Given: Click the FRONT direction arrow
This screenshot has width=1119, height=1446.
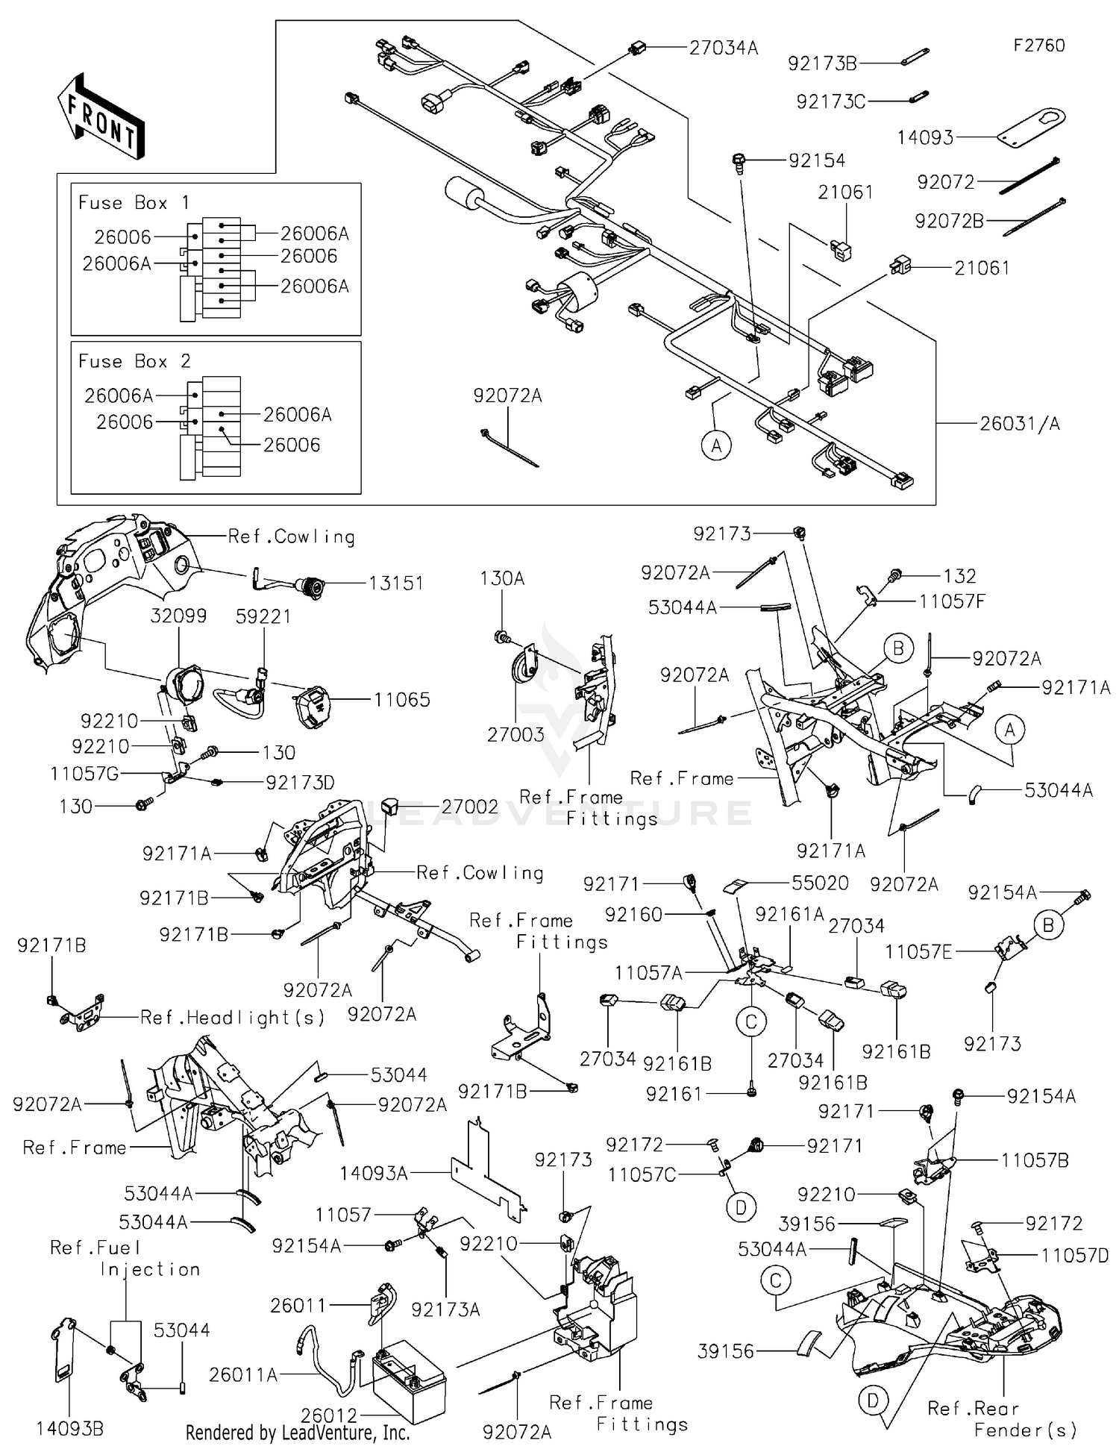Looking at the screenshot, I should pyautogui.click(x=101, y=117).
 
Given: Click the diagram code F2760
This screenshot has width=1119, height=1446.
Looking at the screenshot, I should pyautogui.click(x=1038, y=46).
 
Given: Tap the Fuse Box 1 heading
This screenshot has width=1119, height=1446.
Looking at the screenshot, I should pyautogui.click(x=134, y=203).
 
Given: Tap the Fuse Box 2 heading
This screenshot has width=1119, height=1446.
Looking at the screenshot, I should pyautogui.click(x=134, y=362).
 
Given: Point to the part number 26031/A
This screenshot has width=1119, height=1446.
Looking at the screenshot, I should pyautogui.click(x=1019, y=424).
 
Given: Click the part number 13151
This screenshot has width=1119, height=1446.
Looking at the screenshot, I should pyautogui.click(x=395, y=583).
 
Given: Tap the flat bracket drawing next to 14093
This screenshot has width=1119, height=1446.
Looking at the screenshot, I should pyautogui.click(x=1033, y=127).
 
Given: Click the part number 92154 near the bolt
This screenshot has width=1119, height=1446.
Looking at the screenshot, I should pyautogui.click(x=817, y=160).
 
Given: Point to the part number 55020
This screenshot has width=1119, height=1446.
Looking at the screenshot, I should pyautogui.click(x=820, y=883).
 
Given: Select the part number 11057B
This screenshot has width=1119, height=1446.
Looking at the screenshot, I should pyautogui.click(x=1035, y=1160).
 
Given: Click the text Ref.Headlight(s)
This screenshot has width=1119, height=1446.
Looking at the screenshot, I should pyautogui.click(x=233, y=1018).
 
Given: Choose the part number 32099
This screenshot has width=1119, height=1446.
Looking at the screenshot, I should pyautogui.click(x=178, y=616).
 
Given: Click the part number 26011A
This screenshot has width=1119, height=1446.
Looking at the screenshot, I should pyautogui.click(x=243, y=1374).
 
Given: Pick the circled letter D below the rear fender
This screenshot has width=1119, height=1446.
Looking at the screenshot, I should pyautogui.click(x=872, y=1401).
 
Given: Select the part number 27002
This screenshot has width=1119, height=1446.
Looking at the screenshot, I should pyautogui.click(x=469, y=807).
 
